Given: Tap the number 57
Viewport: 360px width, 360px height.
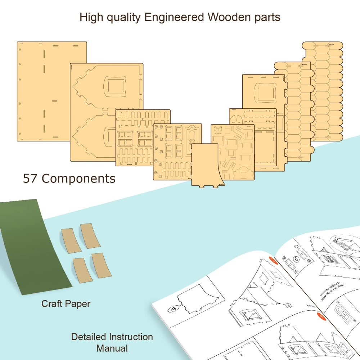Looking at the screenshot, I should (30, 179).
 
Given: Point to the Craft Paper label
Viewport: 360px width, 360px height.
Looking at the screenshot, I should (66, 303).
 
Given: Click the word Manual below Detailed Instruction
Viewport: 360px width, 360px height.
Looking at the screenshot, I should (112, 348).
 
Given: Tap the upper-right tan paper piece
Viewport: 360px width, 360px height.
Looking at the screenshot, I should (90, 235).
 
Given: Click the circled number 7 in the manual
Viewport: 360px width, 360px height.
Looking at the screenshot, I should (344, 314).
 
